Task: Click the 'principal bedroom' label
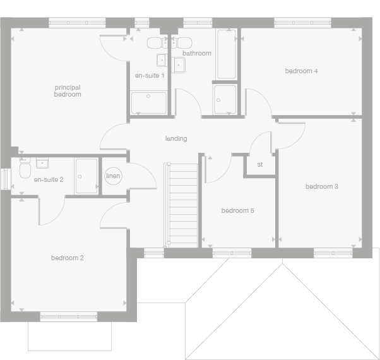(68, 91)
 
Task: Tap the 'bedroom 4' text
(301, 71)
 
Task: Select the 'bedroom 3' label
(322, 186)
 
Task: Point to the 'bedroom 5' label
(237, 210)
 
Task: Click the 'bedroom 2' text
(68, 258)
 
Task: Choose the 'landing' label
(176, 138)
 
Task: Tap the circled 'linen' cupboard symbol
(113, 176)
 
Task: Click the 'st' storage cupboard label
(259, 165)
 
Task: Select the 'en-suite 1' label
(150, 76)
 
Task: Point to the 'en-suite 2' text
(49, 180)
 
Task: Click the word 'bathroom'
(197, 54)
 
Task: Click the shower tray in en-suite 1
(149, 102)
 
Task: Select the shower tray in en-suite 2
(86, 176)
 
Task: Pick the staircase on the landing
(181, 203)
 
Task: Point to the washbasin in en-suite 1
(162, 62)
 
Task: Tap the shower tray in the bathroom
(225, 99)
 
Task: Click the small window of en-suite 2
(4, 177)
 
